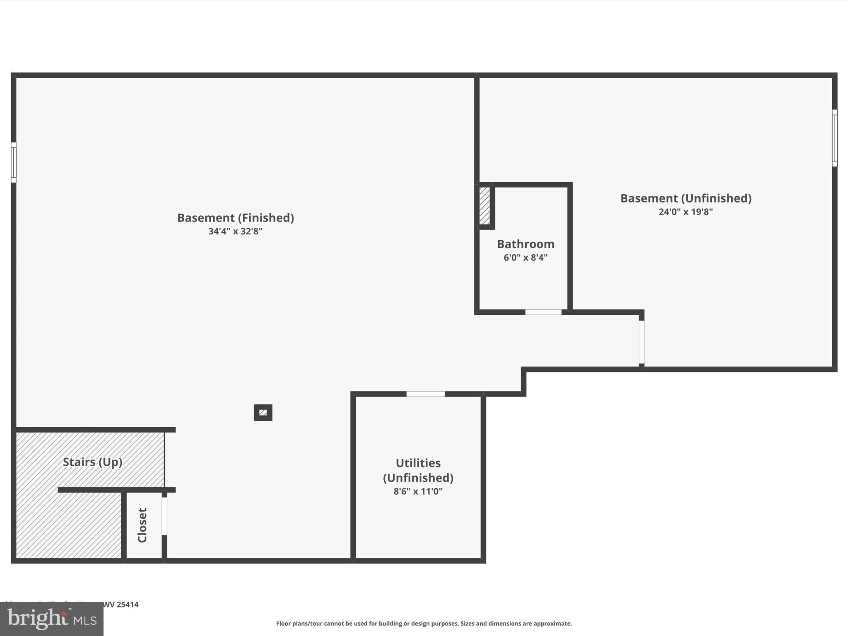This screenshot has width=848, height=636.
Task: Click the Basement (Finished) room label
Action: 236,218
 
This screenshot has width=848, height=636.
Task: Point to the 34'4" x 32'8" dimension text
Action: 235,231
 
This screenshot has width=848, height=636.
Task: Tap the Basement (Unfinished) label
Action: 686,198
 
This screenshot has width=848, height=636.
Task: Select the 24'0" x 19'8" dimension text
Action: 686,212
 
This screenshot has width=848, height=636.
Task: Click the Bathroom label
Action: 525,244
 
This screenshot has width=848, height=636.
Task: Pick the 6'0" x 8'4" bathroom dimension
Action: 525,258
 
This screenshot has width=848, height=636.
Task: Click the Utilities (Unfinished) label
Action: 418,470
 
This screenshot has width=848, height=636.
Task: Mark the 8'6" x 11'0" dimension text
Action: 418,491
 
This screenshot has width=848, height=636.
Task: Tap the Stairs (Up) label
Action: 92,462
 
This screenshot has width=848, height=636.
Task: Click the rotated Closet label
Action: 142,525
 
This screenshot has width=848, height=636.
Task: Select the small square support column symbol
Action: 263,412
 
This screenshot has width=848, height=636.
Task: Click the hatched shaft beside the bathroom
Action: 484,206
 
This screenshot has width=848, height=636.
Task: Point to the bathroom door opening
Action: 543,312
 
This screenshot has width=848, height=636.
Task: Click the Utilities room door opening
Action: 425,394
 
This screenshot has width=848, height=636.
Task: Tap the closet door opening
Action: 164,516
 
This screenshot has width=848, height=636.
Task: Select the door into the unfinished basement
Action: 641,342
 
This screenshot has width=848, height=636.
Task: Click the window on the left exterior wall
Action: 14,162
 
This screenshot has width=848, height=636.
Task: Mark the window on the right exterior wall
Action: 834,138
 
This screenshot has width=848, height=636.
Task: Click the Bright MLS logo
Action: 52,619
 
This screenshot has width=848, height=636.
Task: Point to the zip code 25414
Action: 127,605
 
